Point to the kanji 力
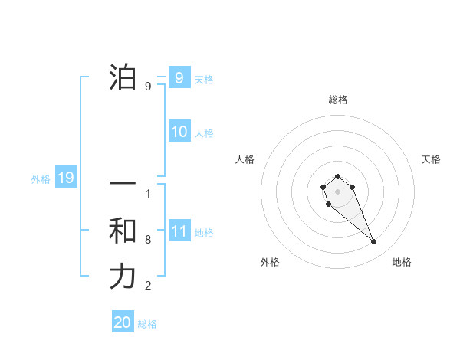(x=123, y=277)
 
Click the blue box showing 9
(x=179, y=77)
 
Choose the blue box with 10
(x=179, y=132)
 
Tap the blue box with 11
(x=179, y=231)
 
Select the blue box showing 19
(x=65, y=178)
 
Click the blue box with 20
(x=123, y=322)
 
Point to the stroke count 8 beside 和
(x=148, y=240)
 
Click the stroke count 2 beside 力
(x=148, y=286)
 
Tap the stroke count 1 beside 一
(x=148, y=193)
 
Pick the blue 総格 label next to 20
(x=147, y=324)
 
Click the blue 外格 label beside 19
(x=41, y=179)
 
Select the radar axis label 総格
(x=337, y=100)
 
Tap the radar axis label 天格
(x=431, y=159)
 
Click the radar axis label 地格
(x=402, y=262)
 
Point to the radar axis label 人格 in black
(x=245, y=159)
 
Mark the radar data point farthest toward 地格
(x=374, y=242)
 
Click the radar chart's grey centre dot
(x=337, y=191)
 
